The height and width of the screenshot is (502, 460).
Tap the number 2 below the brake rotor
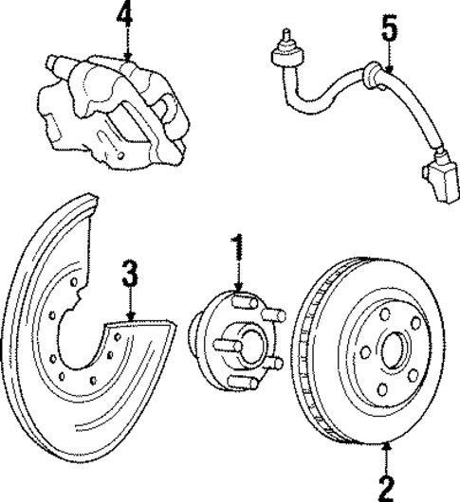coord(385,487)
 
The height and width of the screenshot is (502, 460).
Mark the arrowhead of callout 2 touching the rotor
coord(385,445)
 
